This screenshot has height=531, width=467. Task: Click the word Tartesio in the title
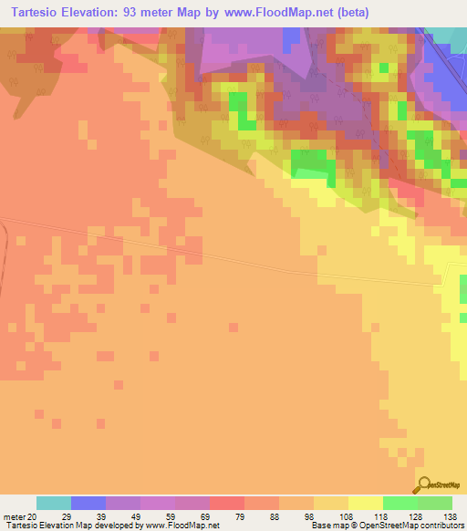pyautogui.click(x=36, y=12)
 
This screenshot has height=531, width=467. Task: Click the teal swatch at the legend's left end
pyautogui.click(x=54, y=503)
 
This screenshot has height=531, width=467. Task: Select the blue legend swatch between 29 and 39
pyautogui.click(x=88, y=503)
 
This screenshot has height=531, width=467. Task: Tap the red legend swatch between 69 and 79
pyautogui.click(x=227, y=503)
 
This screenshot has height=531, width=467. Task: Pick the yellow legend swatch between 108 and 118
pyautogui.click(x=366, y=503)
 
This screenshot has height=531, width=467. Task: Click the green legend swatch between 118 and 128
pyautogui.click(x=400, y=503)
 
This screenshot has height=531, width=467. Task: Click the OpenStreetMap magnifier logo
pyautogui.click(x=423, y=484)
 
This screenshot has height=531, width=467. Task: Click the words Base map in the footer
pyautogui.click(x=327, y=526)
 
